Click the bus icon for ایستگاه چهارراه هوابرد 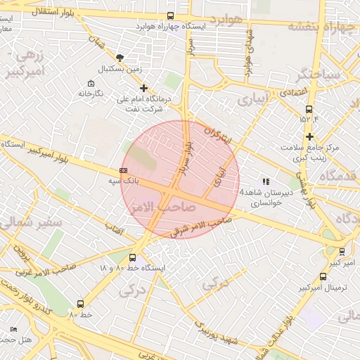171,15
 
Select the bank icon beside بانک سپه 124,170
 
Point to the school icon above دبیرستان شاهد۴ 265,181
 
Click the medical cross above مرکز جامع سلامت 309,136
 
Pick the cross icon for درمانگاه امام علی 144,88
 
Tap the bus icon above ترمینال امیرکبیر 323,276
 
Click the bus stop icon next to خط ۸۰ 79,304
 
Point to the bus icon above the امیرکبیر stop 342,251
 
